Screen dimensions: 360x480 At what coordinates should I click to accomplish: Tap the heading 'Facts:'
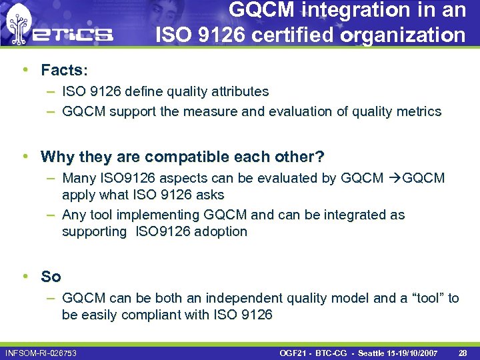[64, 71]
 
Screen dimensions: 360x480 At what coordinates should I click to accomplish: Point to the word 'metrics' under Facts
[418, 111]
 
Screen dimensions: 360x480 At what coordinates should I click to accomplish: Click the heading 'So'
[51, 277]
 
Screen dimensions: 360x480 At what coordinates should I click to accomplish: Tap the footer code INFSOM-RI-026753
[41, 352]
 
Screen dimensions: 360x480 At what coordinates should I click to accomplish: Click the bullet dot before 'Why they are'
[25, 157]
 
